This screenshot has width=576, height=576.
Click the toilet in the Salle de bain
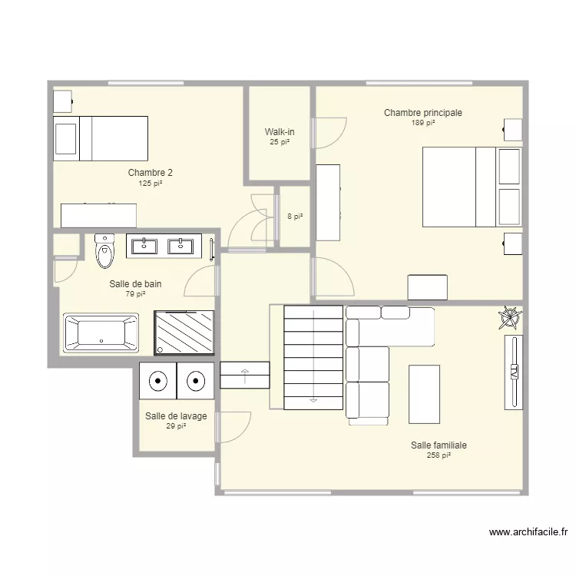coord(104,251)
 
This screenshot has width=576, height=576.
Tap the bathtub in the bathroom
coord(101,333)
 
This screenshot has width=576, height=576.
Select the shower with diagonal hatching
coord(184,333)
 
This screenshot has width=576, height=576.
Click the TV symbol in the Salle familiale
coord(514,372)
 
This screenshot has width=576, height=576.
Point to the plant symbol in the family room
coord(510,318)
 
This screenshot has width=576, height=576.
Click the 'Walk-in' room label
coord(280,131)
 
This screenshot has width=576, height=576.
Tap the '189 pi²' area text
coord(423,123)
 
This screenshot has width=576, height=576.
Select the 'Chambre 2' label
coord(151,172)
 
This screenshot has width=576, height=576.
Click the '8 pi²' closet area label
coord(295,217)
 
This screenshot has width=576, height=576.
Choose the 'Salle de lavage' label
coord(176,416)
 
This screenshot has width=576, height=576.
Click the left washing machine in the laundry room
coord(157,381)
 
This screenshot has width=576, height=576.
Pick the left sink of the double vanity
coord(144,246)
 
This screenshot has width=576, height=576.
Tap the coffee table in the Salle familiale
coord(424,394)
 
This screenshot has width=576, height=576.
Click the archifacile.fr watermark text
coord(528,532)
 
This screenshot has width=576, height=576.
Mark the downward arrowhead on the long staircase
coord(313,400)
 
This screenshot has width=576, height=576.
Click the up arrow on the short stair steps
coord(245,376)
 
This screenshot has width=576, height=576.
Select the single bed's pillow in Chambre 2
coord(66,139)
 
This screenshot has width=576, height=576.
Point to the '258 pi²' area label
coord(439,455)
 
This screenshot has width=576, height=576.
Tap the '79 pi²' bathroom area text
coord(135,294)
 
